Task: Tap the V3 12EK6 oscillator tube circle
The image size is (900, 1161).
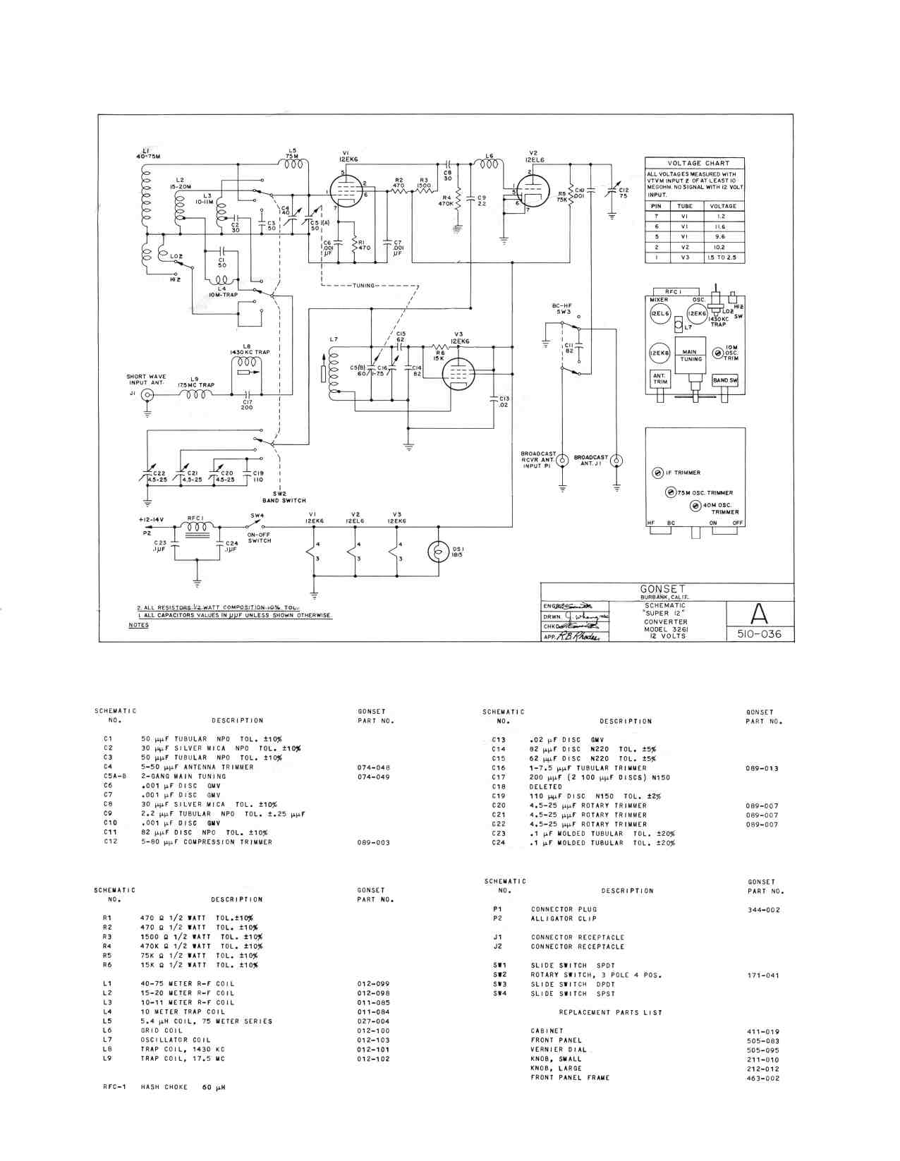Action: click(x=458, y=373)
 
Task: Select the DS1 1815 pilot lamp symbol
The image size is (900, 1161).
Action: click(x=439, y=552)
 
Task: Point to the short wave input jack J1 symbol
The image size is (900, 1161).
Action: click(x=147, y=395)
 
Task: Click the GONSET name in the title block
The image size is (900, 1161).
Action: click(x=662, y=589)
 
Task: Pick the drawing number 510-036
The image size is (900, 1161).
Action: click(x=759, y=633)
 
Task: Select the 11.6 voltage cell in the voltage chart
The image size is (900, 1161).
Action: click(x=722, y=227)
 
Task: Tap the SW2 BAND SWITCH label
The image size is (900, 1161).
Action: click(x=284, y=497)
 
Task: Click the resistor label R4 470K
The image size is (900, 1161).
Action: click(x=446, y=200)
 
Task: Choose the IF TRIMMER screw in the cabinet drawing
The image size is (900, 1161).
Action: click(x=657, y=473)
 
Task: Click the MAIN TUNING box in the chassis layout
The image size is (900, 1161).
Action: click(x=691, y=355)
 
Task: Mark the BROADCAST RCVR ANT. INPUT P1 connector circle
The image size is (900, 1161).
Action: click(x=562, y=461)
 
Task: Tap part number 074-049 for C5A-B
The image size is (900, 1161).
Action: click(x=373, y=777)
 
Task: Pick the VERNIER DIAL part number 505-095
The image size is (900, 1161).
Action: click(x=762, y=1050)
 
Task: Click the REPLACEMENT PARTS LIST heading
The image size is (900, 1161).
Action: click(x=610, y=1012)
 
